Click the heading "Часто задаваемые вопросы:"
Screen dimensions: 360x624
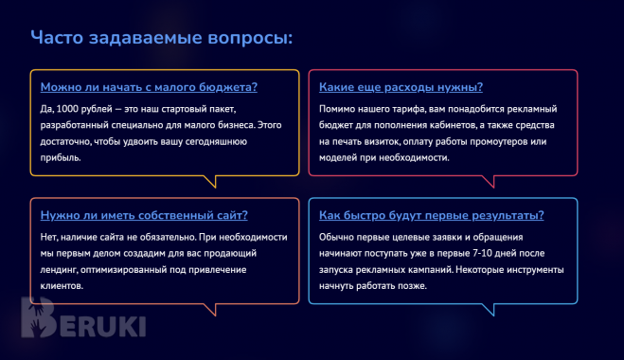click(x=161, y=38)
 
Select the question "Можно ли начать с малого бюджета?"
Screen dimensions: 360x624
click(x=149, y=86)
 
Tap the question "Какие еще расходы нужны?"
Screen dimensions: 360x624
click(x=401, y=86)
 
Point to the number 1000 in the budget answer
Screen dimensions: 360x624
click(x=67, y=107)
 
